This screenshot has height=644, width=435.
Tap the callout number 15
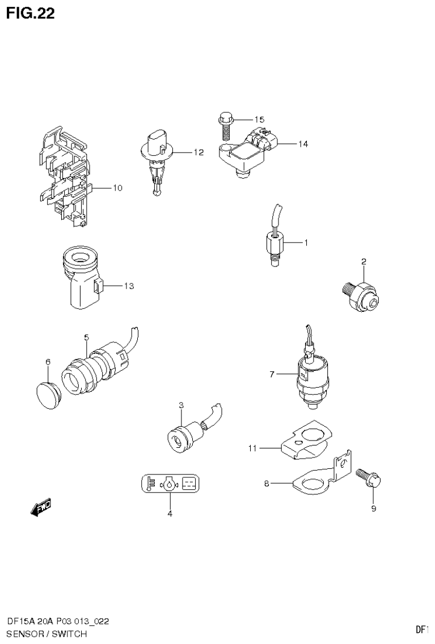point(259,120)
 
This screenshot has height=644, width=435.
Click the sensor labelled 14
point(247,152)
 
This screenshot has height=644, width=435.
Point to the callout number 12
point(198,152)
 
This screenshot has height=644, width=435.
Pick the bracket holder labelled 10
point(64,178)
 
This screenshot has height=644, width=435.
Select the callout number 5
point(87,338)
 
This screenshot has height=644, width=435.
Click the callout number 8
point(266,484)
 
